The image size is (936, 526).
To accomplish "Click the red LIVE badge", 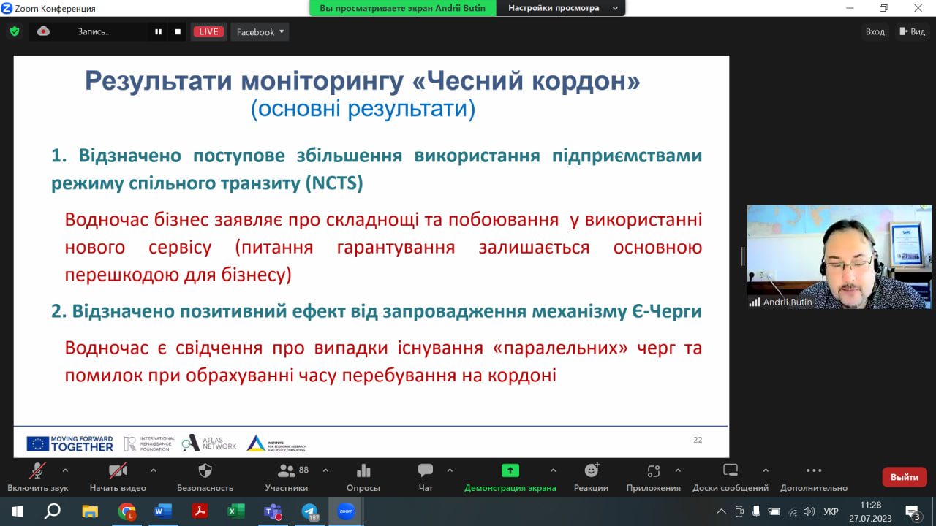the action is coord(208,31).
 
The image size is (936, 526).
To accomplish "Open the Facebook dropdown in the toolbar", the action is coord(260,31).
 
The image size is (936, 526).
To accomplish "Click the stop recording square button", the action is coord(178,31).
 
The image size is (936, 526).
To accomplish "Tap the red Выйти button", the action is coord(905,477).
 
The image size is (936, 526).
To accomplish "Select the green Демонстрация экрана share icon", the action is coord(510,471).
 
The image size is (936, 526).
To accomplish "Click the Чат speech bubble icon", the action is coord(426,470).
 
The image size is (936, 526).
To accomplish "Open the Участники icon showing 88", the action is coord(286,471).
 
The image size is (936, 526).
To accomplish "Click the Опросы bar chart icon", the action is coord(363,471).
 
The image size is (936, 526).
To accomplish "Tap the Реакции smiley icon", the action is coord(592,470).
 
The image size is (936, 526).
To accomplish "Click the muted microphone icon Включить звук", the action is coord(37,471).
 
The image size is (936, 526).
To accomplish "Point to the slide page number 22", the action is coord(698,440).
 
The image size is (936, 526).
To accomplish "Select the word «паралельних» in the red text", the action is coord(560,348).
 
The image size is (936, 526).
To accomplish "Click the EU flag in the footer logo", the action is coord(37,444).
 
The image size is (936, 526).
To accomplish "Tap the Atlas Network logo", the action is coord(209,443).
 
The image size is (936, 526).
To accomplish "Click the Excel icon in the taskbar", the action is coord(236,511).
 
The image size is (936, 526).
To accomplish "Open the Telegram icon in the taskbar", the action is coord(309,511).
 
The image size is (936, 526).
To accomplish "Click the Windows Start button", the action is coord(17,511).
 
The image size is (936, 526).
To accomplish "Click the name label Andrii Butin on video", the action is coord(788,302).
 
